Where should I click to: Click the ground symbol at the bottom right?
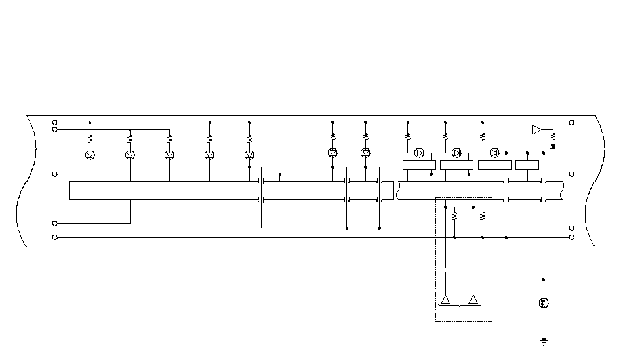tap(544, 341)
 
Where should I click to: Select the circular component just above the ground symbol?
tap(544, 303)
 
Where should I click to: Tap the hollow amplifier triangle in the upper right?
tap(537, 130)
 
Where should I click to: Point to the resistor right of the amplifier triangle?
tap(553, 137)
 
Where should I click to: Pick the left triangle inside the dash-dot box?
tap(445, 300)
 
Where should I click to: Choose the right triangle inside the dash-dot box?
tap(473, 300)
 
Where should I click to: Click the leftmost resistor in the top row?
tap(90, 139)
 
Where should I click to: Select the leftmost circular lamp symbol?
tap(90, 155)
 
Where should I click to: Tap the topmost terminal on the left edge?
tap(54, 123)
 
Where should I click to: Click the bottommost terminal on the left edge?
tap(54, 237)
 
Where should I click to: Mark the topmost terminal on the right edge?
tap(572, 123)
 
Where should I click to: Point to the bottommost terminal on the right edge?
tap(572, 237)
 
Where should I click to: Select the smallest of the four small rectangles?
tap(527, 165)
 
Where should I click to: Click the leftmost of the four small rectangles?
tap(419, 165)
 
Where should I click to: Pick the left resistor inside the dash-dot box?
tap(454, 215)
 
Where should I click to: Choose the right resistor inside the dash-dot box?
tap(483, 215)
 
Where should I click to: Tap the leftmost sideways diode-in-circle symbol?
tap(420, 153)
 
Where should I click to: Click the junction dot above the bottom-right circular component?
tap(544, 280)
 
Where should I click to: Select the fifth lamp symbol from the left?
tap(249, 155)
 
